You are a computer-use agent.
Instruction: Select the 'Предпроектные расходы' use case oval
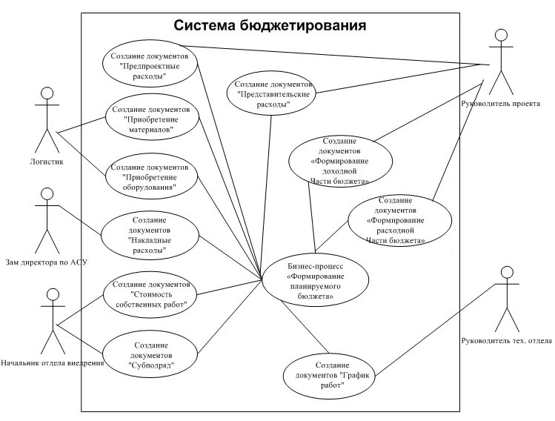(155, 66)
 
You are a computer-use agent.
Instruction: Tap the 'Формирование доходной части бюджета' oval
(340, 160)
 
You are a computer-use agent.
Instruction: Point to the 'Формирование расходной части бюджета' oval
(400, 220)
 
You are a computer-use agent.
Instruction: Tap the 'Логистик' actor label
(47, 161)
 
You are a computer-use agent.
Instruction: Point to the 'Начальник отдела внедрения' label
(52, 363)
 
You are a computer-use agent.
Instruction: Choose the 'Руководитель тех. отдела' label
(506, 341)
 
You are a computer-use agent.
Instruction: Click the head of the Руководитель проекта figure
(501, 34)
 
